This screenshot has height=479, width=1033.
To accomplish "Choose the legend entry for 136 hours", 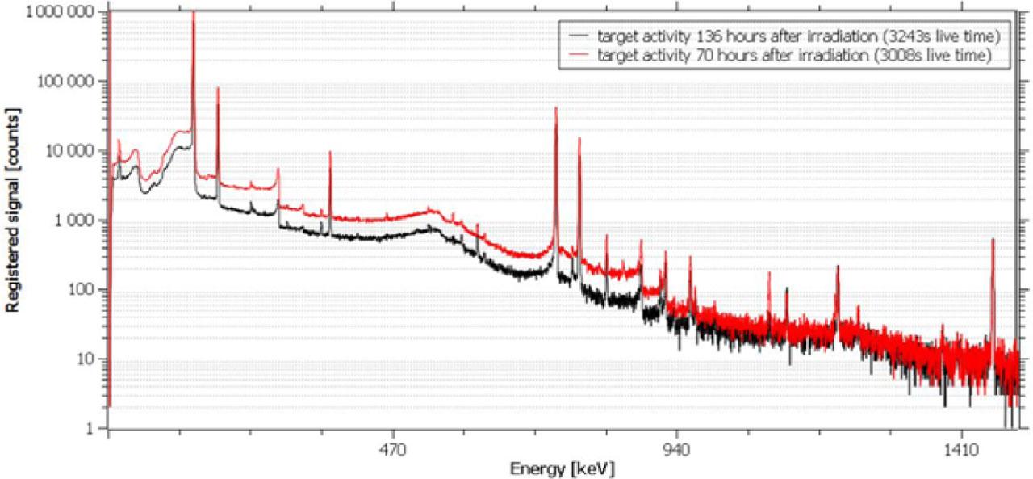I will coord(795,36).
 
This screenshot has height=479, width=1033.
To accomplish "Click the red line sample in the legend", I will coord(579,56).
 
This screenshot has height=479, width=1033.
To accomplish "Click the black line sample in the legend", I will coord(579,37).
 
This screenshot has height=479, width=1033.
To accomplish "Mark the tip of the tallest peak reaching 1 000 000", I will coord(193,13).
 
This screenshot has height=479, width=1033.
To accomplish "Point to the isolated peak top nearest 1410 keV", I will coord(993,240).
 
